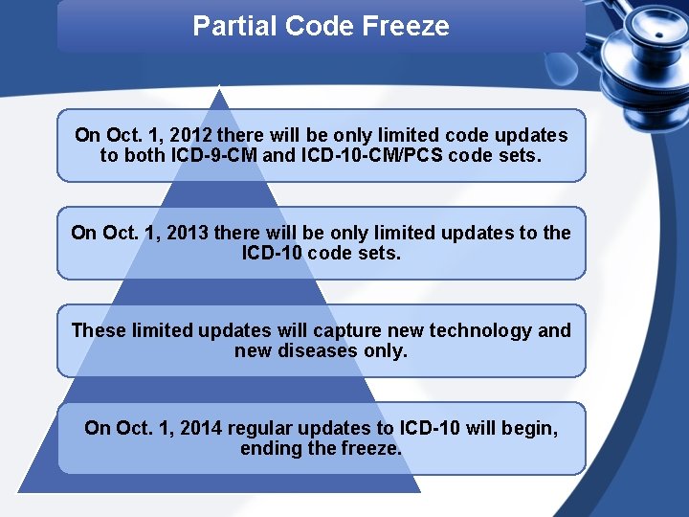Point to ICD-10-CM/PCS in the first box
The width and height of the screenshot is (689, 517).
372,155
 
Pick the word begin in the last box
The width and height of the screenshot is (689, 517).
531,428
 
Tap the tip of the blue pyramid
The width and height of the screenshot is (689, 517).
221,90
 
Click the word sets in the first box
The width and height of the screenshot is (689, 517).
519,155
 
